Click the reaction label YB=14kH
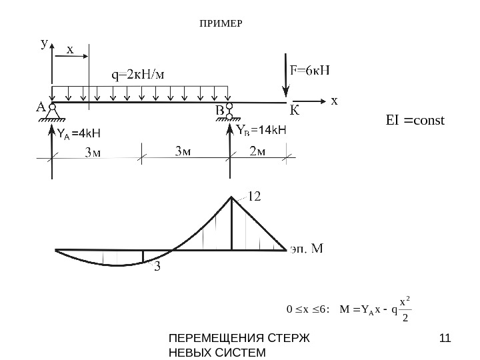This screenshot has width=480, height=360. pos(261,131)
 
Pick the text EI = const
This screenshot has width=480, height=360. pos(415,121)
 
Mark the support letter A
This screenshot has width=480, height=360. pos(40,107)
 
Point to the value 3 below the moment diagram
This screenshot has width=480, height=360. pos(157,267)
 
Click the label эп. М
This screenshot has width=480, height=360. pos(307,249)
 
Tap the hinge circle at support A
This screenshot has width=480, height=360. pos(52,107)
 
